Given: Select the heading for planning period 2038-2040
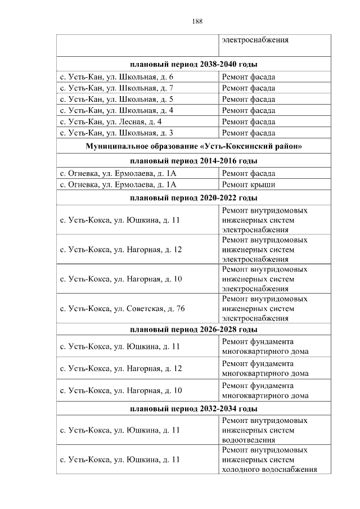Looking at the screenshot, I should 193,65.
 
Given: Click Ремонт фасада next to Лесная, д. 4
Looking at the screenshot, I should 248,122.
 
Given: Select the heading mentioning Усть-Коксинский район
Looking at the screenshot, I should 193,147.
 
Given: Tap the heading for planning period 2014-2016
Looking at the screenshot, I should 193,161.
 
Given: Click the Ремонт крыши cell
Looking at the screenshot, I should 247,184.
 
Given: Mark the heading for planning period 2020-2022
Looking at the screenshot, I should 193,198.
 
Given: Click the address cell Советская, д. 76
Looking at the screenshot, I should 122,308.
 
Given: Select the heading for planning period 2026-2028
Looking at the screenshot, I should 193,330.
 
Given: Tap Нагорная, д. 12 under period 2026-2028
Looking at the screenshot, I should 121,368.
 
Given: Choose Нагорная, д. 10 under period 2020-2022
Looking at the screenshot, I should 121,279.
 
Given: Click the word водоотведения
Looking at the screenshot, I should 249,440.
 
